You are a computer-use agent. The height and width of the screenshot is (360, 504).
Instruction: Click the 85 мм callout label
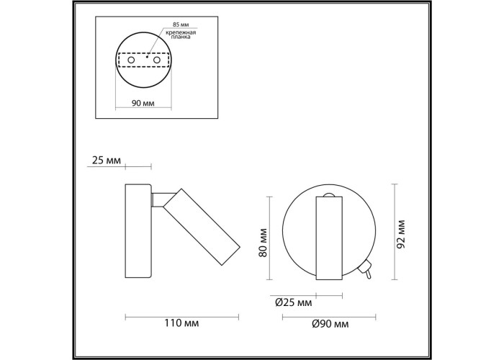[x=180, y=24]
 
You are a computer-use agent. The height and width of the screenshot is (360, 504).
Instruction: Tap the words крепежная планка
[x=181, y=35]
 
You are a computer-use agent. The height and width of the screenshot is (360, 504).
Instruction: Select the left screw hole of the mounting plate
[x=131, y=60]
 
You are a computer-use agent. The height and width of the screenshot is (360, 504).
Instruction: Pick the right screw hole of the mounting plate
[x=157, y=60]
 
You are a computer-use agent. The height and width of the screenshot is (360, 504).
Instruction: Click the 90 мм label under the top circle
[x=143, y=103]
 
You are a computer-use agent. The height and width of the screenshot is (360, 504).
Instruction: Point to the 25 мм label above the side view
[x=107, y=160]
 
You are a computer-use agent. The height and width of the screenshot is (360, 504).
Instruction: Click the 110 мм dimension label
[x=181, y=323]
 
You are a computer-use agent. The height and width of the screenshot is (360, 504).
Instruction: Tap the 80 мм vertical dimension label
[x=263, y=243]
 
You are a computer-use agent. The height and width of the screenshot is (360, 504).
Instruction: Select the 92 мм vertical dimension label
[x=400, y=234]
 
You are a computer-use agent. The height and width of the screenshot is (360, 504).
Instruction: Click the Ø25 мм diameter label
[x=294, y=302]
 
